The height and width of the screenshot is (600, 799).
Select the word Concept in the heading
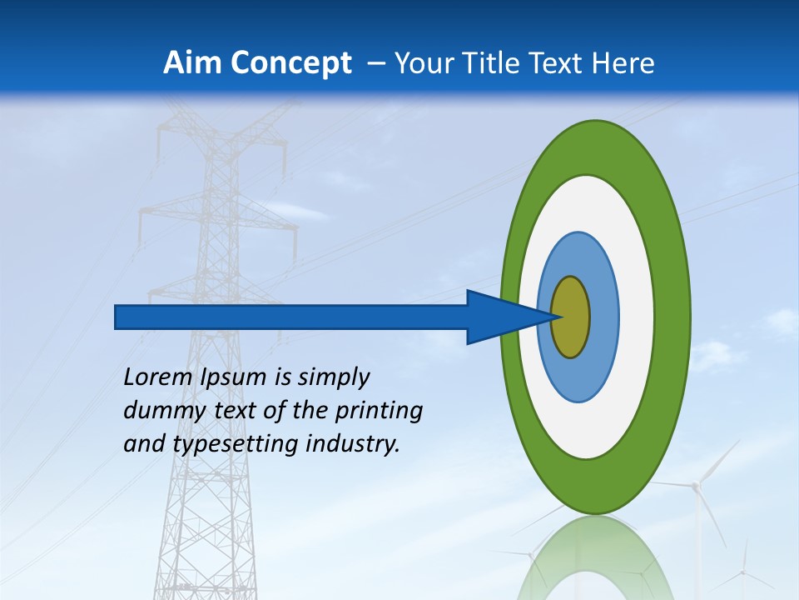[x=290, y=63]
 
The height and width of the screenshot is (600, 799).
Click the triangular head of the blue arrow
[x=504, y=317]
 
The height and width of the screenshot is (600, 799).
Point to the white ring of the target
[x=636, y=317]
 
